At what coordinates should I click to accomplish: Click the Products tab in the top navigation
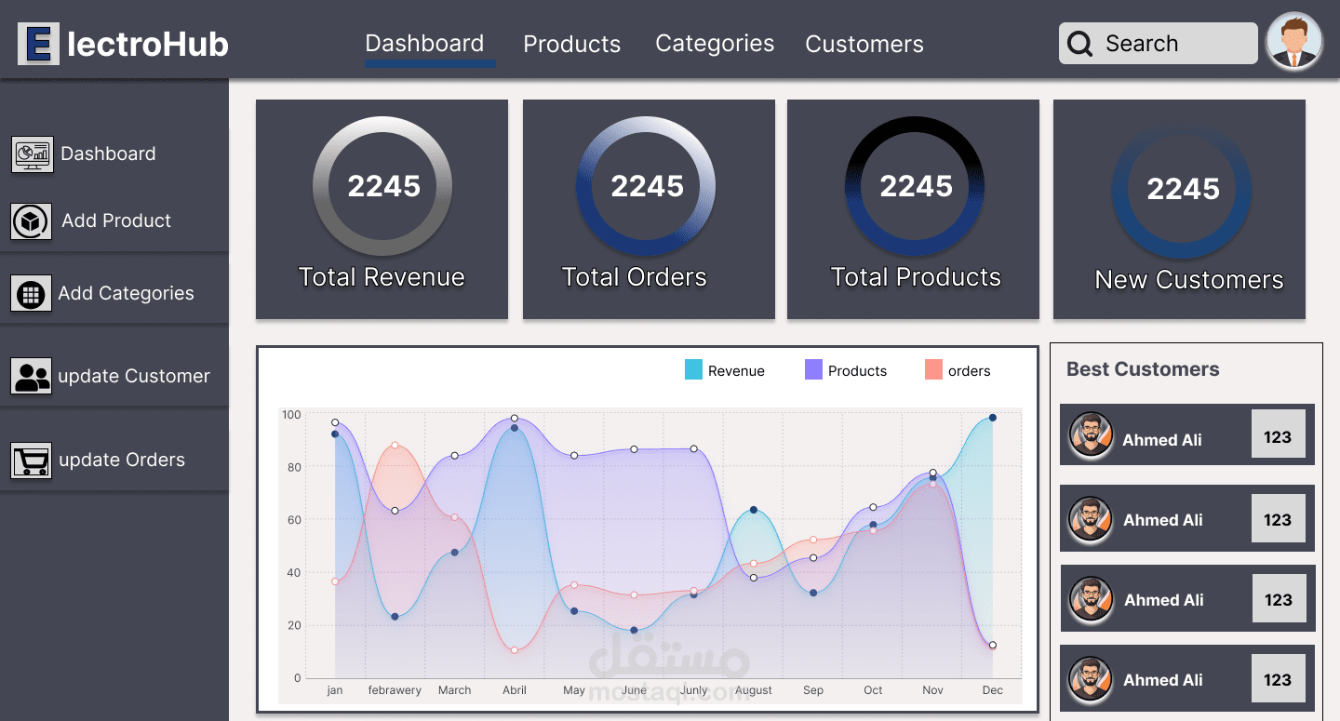point(571,44)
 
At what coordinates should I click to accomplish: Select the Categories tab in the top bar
point(715,44)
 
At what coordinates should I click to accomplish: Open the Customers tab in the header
point(864,44)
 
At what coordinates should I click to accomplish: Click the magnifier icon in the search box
point(1080,44)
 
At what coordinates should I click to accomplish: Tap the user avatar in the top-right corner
point(1294,42)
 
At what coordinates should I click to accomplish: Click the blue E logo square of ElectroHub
point(38,44)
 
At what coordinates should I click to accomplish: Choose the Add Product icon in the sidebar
point(32,221)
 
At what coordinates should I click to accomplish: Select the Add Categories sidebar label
point(126,293)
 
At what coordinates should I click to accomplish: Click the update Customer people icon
point(32,376)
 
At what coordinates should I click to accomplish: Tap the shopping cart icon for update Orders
point(32,460)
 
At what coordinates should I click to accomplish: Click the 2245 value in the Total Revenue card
point(383,186)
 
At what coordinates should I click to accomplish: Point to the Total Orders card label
point(634,277)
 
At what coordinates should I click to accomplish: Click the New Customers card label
point(1188,280)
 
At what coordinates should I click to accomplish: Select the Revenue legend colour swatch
point(693,370)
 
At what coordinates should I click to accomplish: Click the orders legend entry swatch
point(933,370)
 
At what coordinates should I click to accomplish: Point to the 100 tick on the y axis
point(291,415)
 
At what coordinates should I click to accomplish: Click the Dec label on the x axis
point(992,690)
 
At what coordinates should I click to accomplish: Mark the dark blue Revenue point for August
point(753,510)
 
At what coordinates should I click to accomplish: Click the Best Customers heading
point(1142,369)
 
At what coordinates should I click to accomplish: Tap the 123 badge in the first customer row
point(1277,437)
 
